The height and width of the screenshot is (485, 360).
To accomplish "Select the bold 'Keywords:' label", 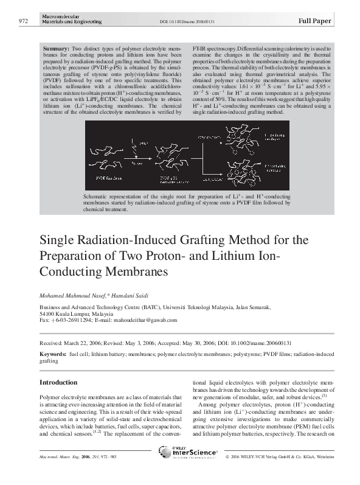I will coord(53,353).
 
